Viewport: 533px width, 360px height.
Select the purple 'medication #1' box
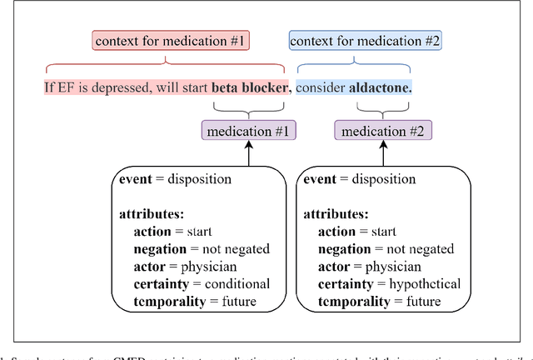(x=247, y=131)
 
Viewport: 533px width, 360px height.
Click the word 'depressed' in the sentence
(x=122, y=87)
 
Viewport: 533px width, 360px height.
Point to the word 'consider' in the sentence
(x=321, y=87)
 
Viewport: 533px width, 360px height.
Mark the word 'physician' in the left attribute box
(x=208, y=267)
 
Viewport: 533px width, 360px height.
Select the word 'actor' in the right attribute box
(x=336, y=267)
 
